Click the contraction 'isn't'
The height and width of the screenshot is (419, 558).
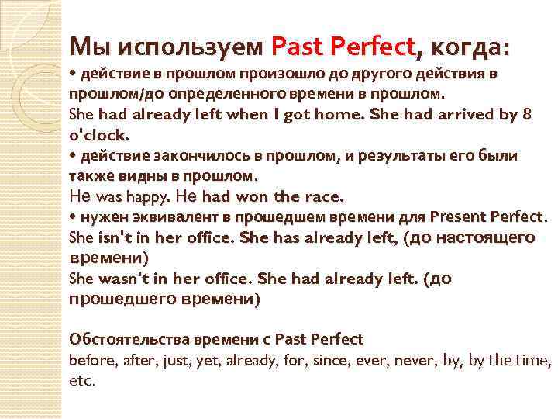coord(113,237)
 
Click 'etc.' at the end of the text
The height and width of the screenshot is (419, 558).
coord(81,380)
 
